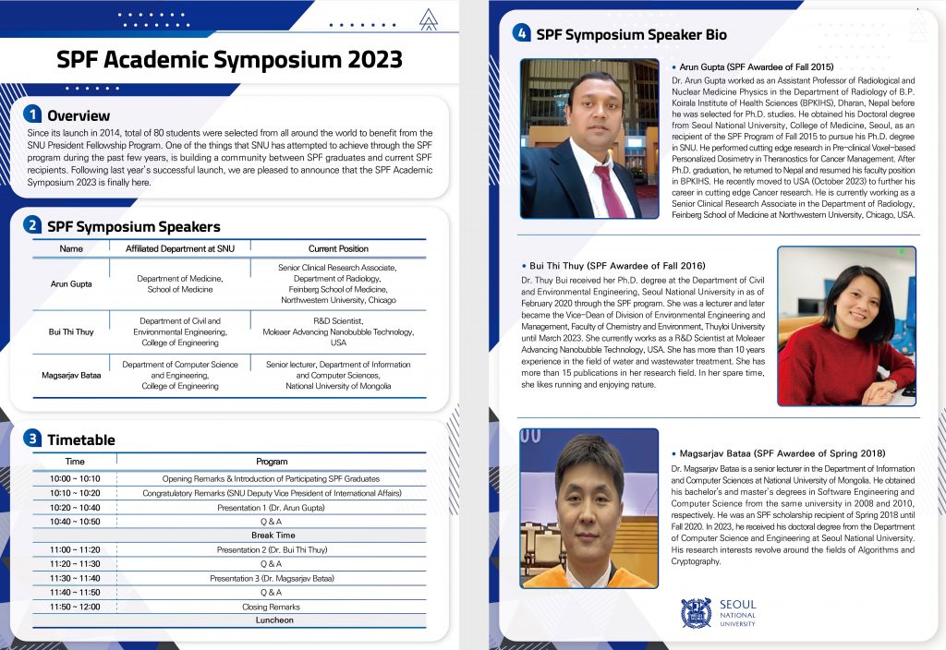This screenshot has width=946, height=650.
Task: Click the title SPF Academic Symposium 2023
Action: click(x=229, y=60)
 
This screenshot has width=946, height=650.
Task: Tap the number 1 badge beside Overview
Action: click(x=33, y=114)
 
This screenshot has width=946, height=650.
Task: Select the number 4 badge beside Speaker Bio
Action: click(x=522, y=34)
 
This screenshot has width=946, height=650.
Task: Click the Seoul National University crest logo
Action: click(x=696, y=613)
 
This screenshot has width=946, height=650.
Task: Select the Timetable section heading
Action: click(x=81, y=439)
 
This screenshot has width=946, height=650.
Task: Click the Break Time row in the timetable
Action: click(x=273, y=536)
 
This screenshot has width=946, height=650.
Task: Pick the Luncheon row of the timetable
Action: click(x=273, y=620)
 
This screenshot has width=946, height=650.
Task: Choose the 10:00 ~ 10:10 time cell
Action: click(x=76, y=479)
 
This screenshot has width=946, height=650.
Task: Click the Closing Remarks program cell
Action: click(x=271, y=607)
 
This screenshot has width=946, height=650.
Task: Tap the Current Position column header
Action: click(x=338, y=248)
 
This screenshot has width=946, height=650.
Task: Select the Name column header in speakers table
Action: click(x=71, y=248)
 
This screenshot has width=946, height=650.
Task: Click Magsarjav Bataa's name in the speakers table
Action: click(x=71, y=376)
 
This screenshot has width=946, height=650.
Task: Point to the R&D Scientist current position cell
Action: click(x=338, y=331)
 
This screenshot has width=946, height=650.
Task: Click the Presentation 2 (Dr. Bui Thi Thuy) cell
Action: click(x=272, y=549)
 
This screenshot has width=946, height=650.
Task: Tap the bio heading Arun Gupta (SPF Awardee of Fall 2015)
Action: click(x=757, y=67)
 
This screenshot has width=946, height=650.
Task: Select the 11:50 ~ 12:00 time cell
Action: click(x=76, y=607)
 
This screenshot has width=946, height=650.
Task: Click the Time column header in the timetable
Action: click(x=76, y=461)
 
